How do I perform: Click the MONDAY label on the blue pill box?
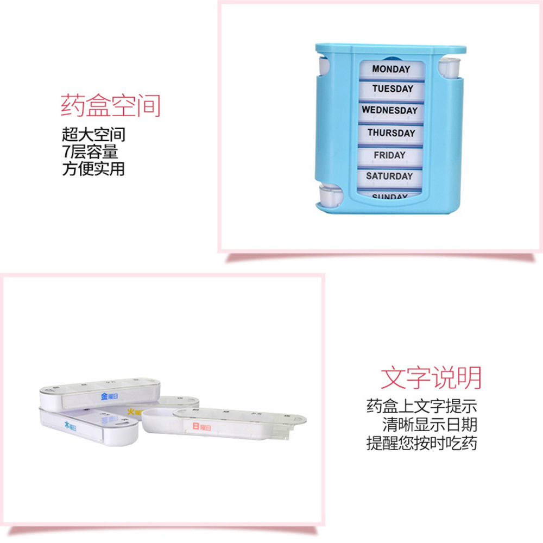[390, 69]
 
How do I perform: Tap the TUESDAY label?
[393, 89]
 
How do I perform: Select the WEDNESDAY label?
[390, 110]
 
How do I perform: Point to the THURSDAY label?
[391, 132]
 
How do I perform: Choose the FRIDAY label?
[389, 155]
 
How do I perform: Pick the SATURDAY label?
[389, 176]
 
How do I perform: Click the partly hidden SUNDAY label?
[389, 196]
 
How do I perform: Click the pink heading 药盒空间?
[111, 105]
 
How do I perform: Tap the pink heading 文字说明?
[431, 377]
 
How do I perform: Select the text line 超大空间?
[93, 134]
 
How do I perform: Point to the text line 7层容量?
[90, 151]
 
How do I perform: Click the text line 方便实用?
[93, 168]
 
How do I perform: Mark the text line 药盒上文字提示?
[422, 406]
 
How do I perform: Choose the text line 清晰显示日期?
[430, 425]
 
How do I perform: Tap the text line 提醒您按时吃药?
[422, 443]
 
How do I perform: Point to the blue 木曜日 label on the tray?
[71, 425]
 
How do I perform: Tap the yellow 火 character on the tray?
[130, 412]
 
